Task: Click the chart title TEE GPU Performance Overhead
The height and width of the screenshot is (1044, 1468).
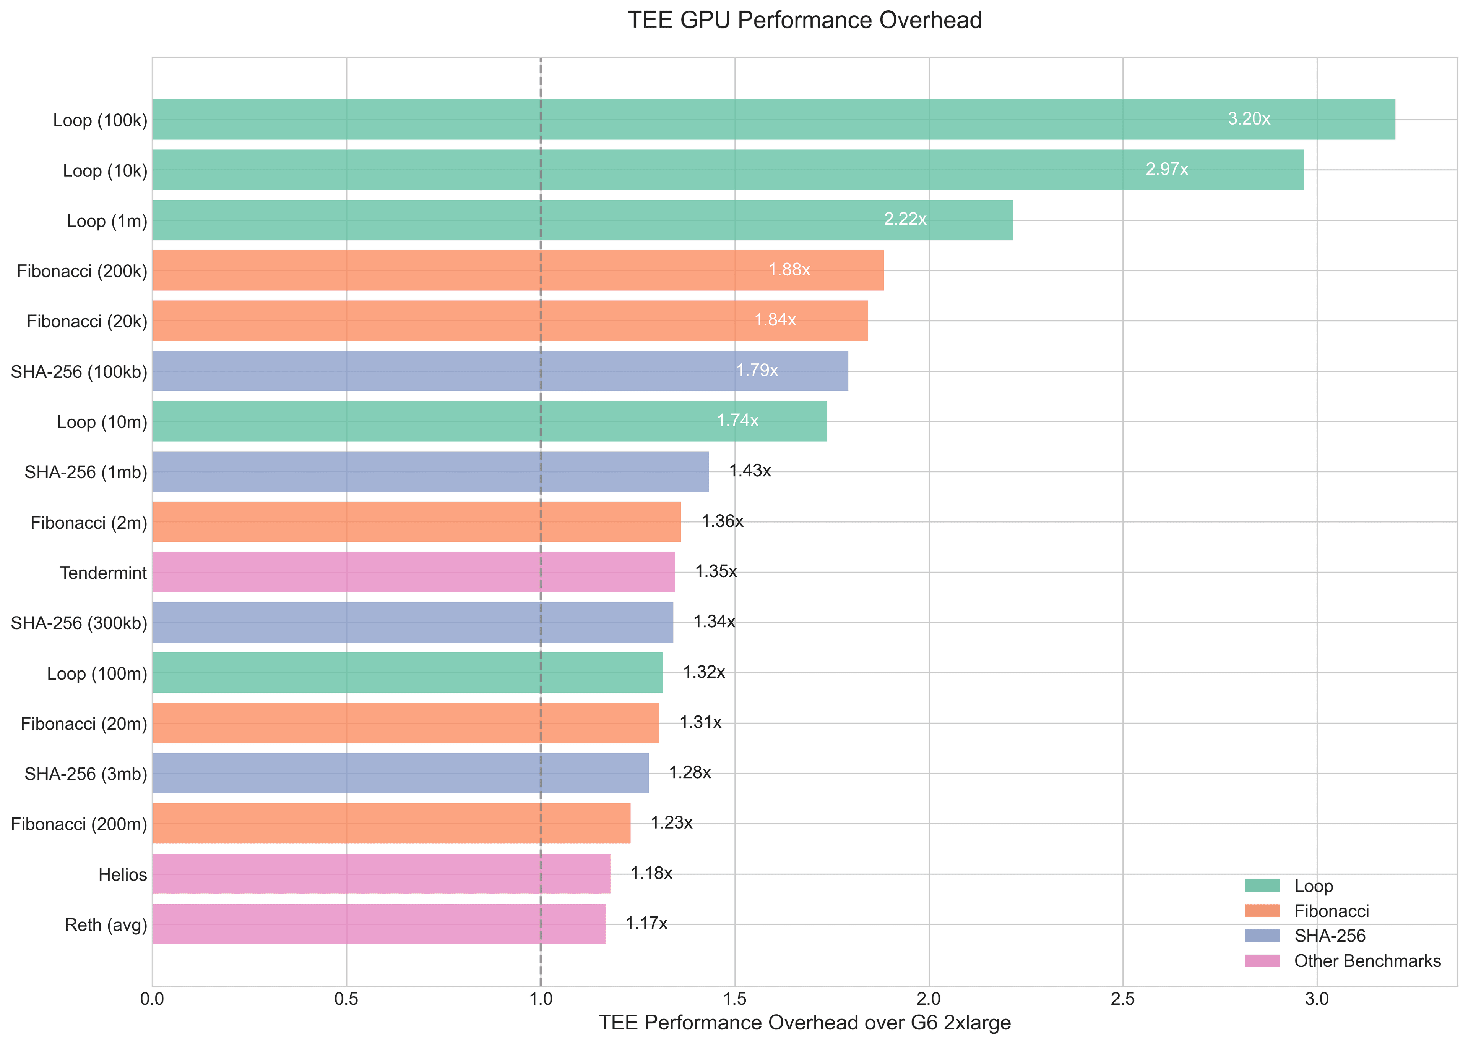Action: click(x=804, y=21)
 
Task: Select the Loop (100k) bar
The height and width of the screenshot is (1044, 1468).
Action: click(x=772, y=120)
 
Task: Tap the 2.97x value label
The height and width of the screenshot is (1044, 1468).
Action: click(x=1166, y=169)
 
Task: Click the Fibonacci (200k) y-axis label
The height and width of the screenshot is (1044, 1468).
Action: click(x=82, y=271)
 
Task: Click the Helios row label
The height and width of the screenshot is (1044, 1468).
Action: click(x=122, y=874)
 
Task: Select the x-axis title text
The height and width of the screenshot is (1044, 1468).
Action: click(x=804, y=1023)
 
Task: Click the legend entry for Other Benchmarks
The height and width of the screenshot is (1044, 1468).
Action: click(x=1367, y=961)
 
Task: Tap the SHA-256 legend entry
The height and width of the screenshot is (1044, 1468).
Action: click(x=1330, y=936)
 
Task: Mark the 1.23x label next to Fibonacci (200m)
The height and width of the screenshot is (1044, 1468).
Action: click(x=671, y=823)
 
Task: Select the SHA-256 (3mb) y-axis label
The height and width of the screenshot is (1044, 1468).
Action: click(x=86, y=774)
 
